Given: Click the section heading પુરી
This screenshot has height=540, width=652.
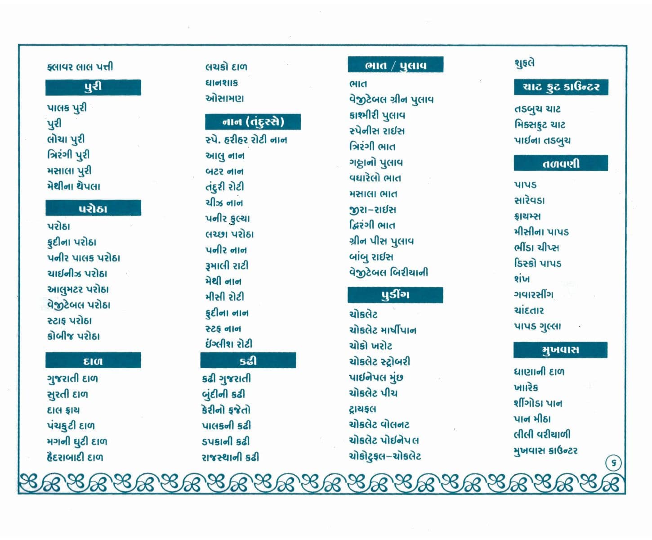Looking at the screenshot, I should [93, 87].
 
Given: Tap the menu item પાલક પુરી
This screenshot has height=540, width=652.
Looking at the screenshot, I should [67, 108].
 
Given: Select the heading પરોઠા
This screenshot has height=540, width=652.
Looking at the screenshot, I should [93, 208].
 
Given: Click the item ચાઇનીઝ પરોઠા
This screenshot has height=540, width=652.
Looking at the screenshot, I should [77, 274].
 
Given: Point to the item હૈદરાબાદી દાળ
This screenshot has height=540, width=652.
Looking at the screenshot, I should [75, 457].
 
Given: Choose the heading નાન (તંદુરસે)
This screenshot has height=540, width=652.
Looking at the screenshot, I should [253, 122].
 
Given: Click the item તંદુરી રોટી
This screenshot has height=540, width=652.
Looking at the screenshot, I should [224, 187].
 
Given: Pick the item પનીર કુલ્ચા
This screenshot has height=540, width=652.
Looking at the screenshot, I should [228, 219].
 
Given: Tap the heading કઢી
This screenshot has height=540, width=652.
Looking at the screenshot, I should [248, 361].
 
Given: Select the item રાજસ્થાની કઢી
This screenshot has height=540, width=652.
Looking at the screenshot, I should [230, 457].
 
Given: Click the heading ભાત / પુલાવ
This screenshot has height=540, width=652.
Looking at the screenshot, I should [395, 65].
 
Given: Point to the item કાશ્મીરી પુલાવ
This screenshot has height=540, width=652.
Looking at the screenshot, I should [377, 115].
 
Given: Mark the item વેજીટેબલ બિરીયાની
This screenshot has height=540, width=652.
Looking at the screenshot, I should [389, 272].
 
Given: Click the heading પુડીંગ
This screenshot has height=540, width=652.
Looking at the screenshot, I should [395, 295].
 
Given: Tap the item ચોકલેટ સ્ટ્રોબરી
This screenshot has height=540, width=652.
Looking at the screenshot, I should [380, 361].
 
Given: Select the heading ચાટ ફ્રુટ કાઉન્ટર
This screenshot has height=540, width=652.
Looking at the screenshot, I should [561, 87].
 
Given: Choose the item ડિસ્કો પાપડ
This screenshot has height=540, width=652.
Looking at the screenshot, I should [538, 263].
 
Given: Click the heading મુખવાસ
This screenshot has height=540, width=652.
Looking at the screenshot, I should [560, 350].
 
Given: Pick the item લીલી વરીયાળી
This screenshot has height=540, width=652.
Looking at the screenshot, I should [542, 434].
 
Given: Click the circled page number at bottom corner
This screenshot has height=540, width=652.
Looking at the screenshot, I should [613, 463].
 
